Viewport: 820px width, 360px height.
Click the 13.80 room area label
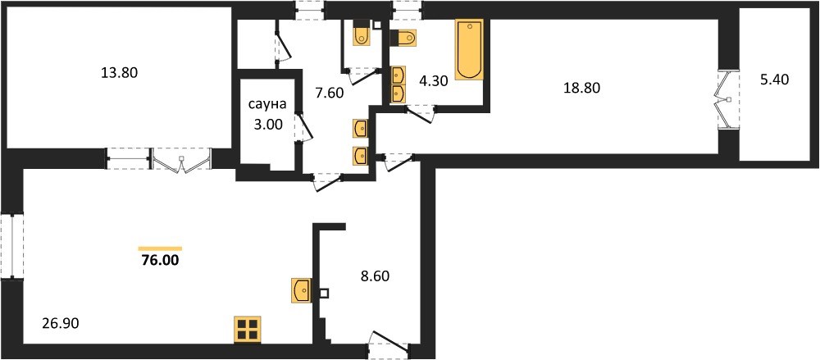coord(119,73)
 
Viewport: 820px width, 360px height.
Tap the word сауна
coord(267,105)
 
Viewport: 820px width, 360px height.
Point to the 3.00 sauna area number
coord(267,125)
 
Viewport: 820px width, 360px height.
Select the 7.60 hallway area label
coord(329,93)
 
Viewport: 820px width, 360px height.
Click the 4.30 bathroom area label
coord(435,81)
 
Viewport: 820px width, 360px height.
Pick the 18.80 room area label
coord(581,88)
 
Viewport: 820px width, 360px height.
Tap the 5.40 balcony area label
coord(773,80)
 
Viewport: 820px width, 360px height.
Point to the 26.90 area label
coord(60,325)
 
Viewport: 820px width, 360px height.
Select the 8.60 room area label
coord(375,276)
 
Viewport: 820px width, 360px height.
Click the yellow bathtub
coord(469,50)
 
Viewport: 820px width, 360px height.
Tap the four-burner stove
coord(247,330)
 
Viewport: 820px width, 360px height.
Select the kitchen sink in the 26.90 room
coord(301,290)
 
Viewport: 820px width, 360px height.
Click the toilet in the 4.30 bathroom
coord(403,39)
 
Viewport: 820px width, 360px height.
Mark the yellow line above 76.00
coord(160,248)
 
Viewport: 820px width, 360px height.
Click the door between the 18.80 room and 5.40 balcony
coord(727,99)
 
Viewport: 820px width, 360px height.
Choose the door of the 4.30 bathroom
coord(421,113)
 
